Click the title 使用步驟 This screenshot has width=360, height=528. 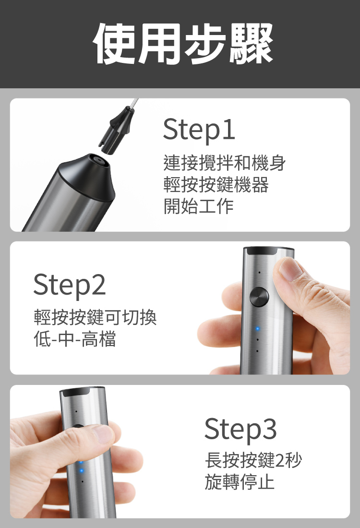(183, 43)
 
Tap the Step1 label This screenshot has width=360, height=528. (199, 130)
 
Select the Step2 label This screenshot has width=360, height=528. (70, 285)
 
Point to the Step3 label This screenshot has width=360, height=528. (240, 429)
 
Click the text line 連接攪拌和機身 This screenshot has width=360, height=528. (225, 163)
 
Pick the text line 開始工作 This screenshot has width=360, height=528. (198, 206)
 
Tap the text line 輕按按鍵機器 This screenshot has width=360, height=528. (216, 184)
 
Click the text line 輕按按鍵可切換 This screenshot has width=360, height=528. (96, 318)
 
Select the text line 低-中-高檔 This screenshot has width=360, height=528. (75, 339)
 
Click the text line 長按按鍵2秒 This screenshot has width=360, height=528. (253, 460)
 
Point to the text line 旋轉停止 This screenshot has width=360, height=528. (240, 481)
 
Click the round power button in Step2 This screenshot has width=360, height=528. (259, 297)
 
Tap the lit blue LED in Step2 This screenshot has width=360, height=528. (258, 328)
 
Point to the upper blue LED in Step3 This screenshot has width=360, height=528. (81, 462)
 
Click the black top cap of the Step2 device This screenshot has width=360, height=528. (268, 251)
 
